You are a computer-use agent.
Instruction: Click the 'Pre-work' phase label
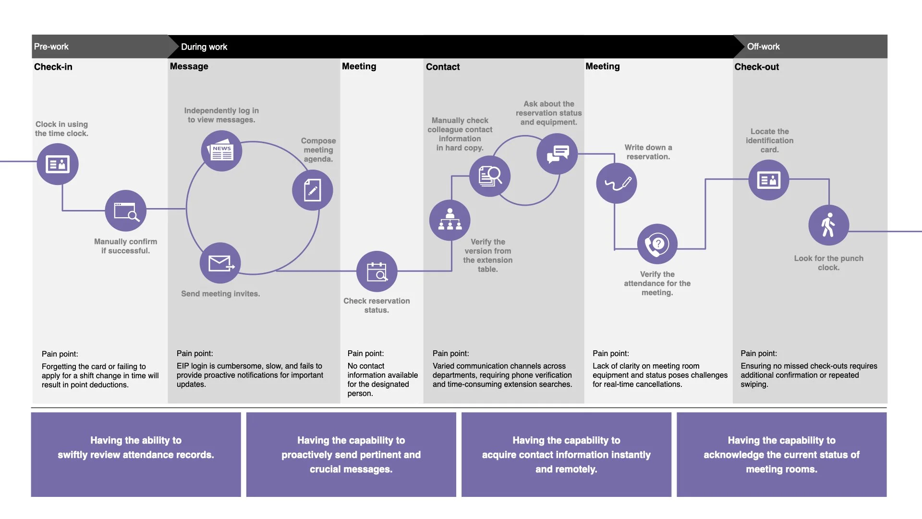pos(51,47)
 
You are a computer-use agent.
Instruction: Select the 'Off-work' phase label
pos(763,47)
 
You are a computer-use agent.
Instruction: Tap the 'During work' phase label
pos(204,47)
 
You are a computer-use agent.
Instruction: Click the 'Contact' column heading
pos(443,67)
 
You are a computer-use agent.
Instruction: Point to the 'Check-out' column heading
pos(756,67)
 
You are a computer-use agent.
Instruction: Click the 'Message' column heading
pos(189,66)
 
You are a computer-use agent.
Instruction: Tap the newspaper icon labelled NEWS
pos(221,151)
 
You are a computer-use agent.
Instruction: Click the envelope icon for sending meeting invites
pos(220,263)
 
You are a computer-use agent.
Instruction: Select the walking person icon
pos(828,225)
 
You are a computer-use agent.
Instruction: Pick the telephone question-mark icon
pos(657,244)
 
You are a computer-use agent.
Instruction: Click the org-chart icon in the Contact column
pos(450,220)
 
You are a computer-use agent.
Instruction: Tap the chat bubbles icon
pos(557,154)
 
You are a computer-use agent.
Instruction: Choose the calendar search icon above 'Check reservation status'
pos(377,272)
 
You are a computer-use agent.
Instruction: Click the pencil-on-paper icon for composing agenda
pos(313,190)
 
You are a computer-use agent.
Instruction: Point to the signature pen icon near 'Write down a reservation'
pos(617,183)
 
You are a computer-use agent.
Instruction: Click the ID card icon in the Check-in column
pos(58,164)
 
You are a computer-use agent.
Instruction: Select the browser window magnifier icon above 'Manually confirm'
pos(126,210)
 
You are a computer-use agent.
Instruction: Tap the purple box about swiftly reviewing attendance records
pos(136,454)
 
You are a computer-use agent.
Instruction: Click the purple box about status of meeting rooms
pos(781,454)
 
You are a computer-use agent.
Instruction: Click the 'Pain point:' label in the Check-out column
pos(759,354)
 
